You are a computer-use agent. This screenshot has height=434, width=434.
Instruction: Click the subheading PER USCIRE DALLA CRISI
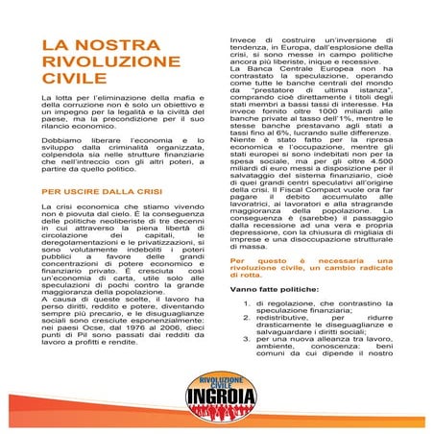coord(87,190)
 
